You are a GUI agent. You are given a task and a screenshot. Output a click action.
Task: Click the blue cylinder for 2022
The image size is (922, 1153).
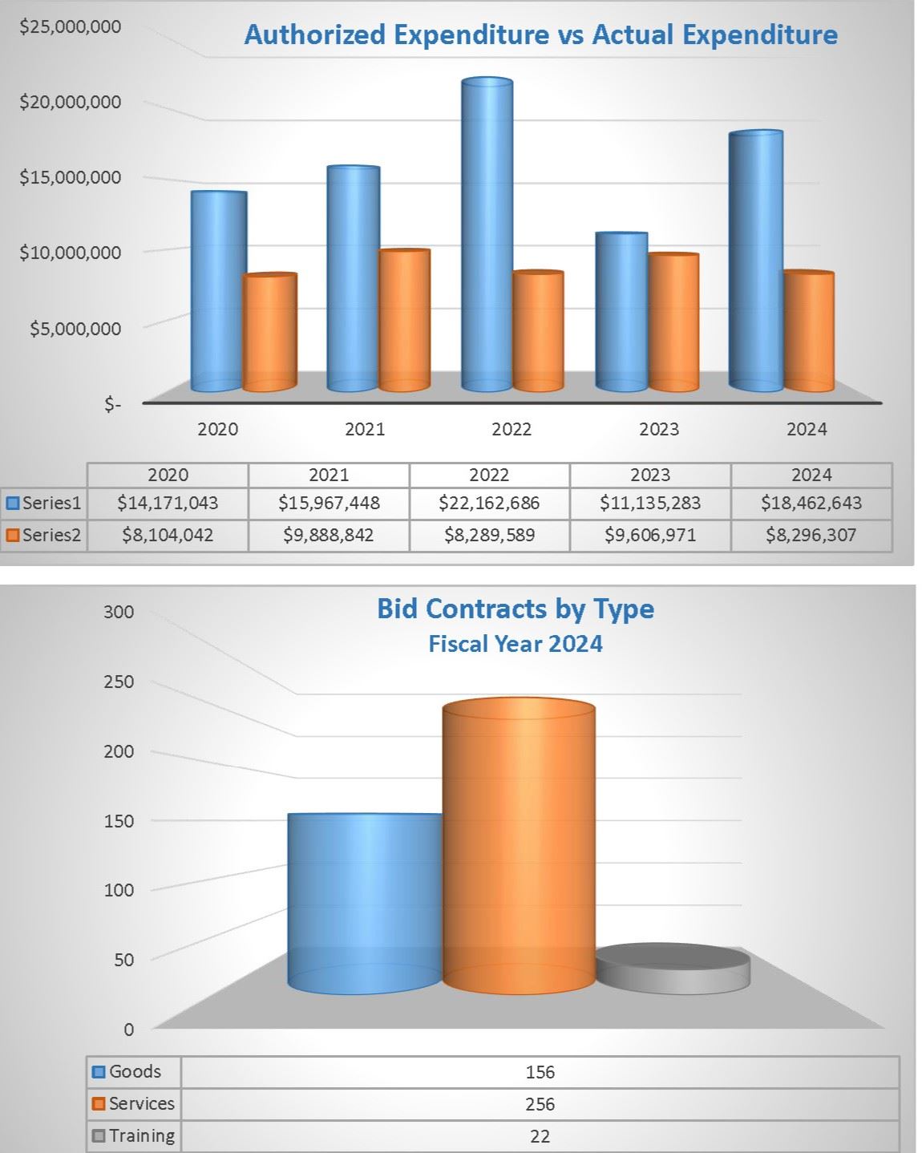(x=487, y=237)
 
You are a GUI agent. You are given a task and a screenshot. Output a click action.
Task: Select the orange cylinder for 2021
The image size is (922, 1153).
(x=404, y=321)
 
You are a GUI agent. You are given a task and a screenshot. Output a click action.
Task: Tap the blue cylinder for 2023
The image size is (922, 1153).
(x=621, y=313)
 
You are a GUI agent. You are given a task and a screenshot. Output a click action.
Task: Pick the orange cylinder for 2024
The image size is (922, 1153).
(x=808, y=332)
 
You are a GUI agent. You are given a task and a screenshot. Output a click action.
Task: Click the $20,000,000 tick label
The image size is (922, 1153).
(x=71, y=102)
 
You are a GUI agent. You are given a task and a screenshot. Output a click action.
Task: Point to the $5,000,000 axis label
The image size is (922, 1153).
(x=75, y=328)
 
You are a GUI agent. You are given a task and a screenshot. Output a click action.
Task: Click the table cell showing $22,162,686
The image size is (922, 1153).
(x=489, y=504)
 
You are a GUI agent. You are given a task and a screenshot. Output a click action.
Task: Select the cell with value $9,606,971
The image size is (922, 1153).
(x=650, y=535)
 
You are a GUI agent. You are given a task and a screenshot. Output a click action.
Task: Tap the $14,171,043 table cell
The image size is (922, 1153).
(x=168, y=504)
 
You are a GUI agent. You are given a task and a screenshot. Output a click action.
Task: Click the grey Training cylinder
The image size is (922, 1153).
(x=673, y=969)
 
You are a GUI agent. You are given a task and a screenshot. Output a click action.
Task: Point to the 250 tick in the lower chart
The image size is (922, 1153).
(x=119, y=682)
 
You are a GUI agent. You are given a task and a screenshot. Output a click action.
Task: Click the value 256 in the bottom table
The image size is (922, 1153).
(x=540, y=1104)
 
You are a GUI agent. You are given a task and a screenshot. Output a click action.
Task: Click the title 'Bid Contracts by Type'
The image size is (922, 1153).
(x=516, y=609)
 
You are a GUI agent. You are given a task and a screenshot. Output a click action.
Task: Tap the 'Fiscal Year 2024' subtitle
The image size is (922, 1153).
(x=516, y=644)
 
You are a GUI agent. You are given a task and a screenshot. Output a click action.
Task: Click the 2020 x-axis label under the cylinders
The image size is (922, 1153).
(x=218, y=429)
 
